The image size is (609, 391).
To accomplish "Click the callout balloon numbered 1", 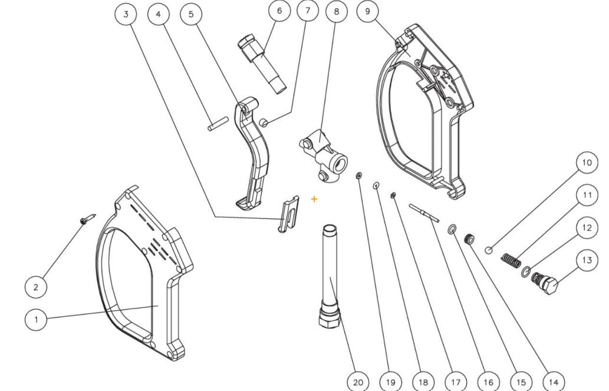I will (x=36, y=320).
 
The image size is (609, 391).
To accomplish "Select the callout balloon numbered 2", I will (x=36, y=287).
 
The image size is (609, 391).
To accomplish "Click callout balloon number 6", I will (x=279, y=11).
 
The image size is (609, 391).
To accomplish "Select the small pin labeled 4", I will (x=217, y=124).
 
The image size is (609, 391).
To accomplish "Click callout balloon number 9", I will (x=368, y=12).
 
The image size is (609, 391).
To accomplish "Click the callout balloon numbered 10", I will (x=587, y=163).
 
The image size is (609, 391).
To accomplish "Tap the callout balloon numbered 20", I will (x=358, y=382).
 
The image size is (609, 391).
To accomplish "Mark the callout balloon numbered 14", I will (x=553, y=382).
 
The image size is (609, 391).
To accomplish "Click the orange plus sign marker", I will (x=314, y=199).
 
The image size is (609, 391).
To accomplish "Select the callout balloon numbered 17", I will (x=456, y=382).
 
